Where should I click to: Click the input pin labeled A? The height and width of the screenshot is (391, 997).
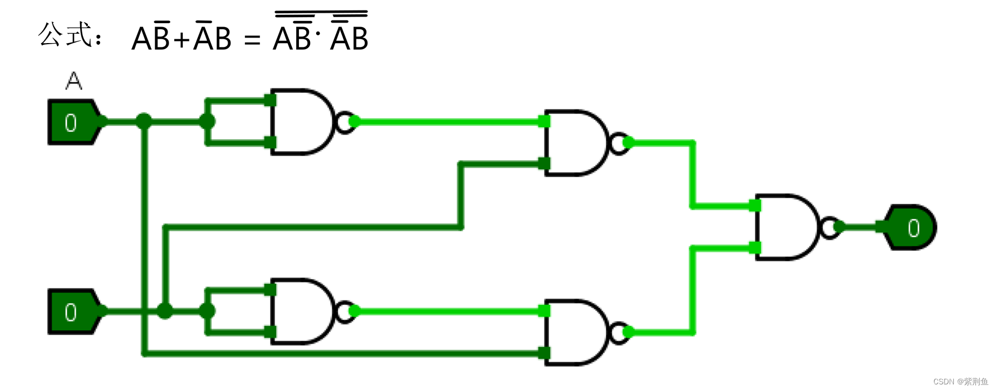[x=72, y=122]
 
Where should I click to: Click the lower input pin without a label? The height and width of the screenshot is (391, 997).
[x=72, y=311]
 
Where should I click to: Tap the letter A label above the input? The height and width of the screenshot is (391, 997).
[x=74, y=82]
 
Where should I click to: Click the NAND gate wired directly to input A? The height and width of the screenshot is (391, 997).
[x=301, y=121]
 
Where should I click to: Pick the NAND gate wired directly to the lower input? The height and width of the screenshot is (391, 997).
[x=301, y=311]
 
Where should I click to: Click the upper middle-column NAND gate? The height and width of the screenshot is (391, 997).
[x=575, y=143]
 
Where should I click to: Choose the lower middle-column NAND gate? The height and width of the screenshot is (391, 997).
[x=575, y=332]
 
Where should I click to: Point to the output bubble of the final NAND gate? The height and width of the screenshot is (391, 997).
[x=829, y=227]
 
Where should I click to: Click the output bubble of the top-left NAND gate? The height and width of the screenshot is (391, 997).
[x=344, y=122]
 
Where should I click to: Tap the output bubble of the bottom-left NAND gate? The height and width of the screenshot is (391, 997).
[x=344, y=311]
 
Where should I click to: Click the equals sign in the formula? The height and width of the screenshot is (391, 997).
[x=252, y=40]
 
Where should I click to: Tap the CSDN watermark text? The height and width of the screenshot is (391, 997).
[x=961, y=382]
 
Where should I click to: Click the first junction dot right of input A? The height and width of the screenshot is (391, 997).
[x=144, y=121]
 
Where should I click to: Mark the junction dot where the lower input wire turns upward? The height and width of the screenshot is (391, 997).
[x=165, y=311]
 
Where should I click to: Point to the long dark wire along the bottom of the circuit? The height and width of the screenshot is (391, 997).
[x=343, y=353]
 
